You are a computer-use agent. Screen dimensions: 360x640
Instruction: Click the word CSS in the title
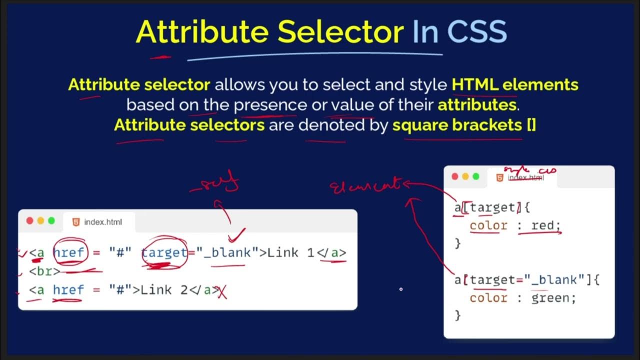[x=477, y=32]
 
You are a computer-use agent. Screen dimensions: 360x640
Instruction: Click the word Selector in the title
[x=340, y=32]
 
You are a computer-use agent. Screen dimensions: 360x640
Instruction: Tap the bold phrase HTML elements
[x=515, y=84]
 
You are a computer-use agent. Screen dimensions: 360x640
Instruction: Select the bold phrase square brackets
[x=457, y=125]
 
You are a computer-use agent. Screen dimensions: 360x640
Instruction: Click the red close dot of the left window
[x=30, y=221]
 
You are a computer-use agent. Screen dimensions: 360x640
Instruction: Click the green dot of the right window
[x=476, y=176]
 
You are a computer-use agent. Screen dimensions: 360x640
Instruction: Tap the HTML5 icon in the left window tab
[x=76, y=222]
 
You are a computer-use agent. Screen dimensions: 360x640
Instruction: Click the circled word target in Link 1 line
[x=164, y=252]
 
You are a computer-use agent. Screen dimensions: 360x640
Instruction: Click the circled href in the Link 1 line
[x=69, y=252]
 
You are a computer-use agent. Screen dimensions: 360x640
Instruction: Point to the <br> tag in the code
[x=44, y=271]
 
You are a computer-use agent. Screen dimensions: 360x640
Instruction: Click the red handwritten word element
[x=365, y=186]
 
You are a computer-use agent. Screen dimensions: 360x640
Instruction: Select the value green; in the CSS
[x=553, y=298]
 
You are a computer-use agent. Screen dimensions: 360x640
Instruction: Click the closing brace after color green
[x=457, y=315]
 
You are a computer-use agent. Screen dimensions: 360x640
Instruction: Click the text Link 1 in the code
[x=290, y=252]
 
